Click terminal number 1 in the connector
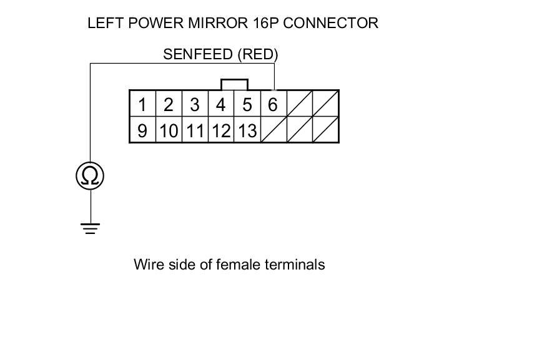pyautogui.click(x=142, y=104)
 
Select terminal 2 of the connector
pyautogui.click(x=168, y=104)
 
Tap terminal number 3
pyautogui.click(x=194, y=104)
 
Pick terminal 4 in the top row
pyautogui.click(x=220, y=104)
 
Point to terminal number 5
pyautogui.click(x=247, y=104)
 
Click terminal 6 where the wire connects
pyautogui.click(x=272, y=104)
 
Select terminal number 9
pyautogui.click(x=142, y=130)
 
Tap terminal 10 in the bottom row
pyautogui.click(x=168, y=130)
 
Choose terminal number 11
pyautogui.click(x=195, y=130)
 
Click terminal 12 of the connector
pyautogui.click(x=220, y=130)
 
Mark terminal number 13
pyautogui.click(x=247, y=130)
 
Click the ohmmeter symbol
pyautogui.click(x=90, y=175)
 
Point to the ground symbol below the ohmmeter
pyautogui.click(x=90, y=228)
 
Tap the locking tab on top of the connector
pyautogui.click(x=235, y=84)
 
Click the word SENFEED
pyautogui.click(x=198, y=54)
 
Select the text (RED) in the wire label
pyautogui.click(x=257, y=54)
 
